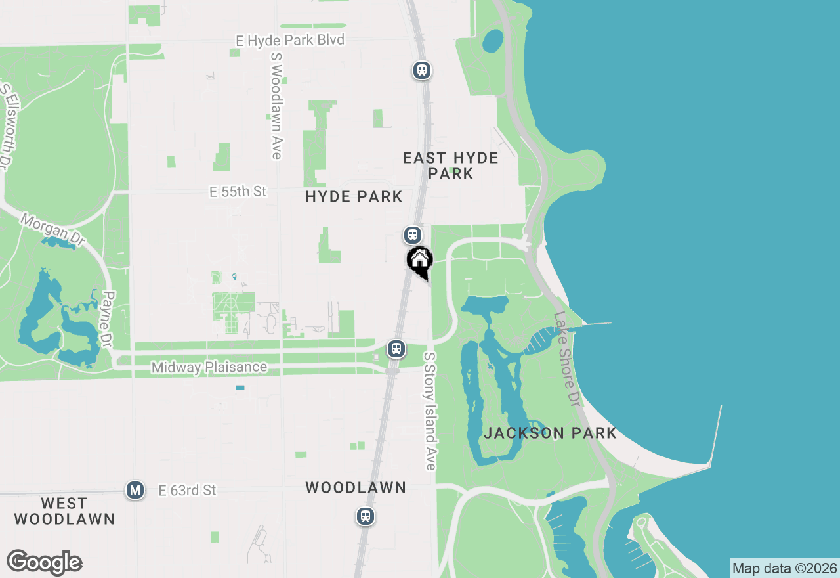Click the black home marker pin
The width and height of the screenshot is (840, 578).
click(x=420, y=261)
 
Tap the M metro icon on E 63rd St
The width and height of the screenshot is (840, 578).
click(x=135, y=490)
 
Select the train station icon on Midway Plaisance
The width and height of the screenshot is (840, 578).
click(x=396, y=348)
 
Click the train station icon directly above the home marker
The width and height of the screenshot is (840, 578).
click(x=412, y=234)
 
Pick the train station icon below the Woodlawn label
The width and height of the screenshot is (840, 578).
click(x=366, y=516)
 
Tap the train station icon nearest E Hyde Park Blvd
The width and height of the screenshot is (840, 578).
click(x=421, y=70)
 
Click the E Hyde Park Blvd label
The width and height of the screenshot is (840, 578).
click(x=290, y=41)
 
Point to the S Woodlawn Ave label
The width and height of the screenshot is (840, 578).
click(x=276, y=105)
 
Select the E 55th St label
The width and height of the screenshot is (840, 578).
click(x=238, y=191)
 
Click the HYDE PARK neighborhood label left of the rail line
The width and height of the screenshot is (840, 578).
click(x=354, y=196)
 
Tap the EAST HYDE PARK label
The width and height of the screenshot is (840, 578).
click(x=451, y=166)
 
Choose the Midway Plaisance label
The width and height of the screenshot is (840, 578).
click(x=209, y=367)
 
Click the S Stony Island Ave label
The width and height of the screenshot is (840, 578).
click(x=430, y=411)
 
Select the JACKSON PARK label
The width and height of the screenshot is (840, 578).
click(x=550, y=433)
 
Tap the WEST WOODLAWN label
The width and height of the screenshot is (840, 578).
click(x=64, y=511)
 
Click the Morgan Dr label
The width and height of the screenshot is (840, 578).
click(x=52, y=229)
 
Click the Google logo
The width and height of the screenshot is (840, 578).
click(x=44, y=562)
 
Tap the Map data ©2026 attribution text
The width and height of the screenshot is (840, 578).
click(x=784, y=568)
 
